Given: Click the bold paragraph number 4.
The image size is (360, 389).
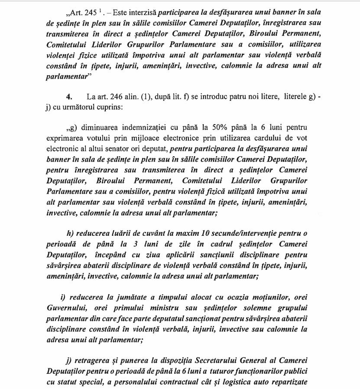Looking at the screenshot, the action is tap(69, 96).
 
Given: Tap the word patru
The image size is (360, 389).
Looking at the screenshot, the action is tap(234, 96).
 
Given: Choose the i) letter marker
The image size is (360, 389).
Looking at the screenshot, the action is tap(63, 297).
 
